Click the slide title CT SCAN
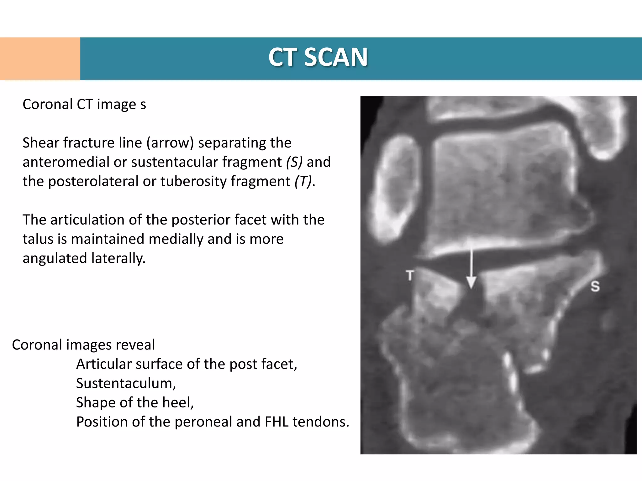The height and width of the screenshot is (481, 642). (x=318, y=57)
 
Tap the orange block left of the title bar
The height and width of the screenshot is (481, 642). (x=40, y=59)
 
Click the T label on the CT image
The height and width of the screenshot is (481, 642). (x=410, y=276)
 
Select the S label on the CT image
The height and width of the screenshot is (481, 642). (x=595, y=286)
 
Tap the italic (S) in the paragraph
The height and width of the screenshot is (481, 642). (x=294, y=162)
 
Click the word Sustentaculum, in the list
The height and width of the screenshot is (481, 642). (x=126, y=383)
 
